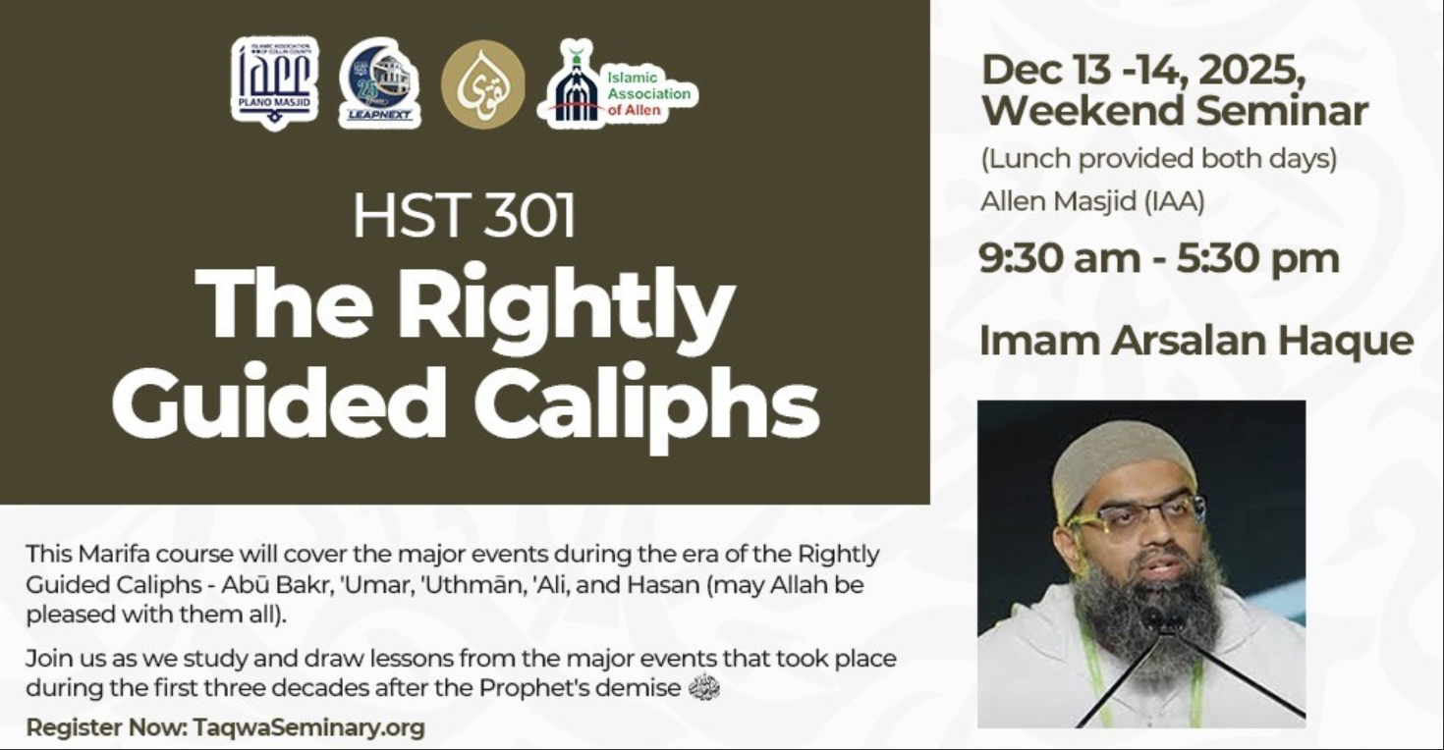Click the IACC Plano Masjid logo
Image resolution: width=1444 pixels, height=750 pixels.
(275, 83)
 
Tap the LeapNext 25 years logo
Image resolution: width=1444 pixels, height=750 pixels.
(380, 83)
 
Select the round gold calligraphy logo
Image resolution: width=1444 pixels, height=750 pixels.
(483, 83)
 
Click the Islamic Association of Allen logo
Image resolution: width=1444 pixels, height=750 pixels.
(618, 83)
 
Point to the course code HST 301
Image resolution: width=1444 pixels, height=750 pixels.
(464, 215)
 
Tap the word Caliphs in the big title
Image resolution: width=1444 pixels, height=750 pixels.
(646, 403)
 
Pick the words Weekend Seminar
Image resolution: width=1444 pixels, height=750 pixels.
(1175, 110)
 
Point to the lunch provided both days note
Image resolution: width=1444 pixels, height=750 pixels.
(1159, 158)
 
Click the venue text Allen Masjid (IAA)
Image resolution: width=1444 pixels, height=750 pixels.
(1092, 201)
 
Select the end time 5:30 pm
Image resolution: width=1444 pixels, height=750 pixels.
(1257, 258)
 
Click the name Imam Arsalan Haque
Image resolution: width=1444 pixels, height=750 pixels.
(1196, 341)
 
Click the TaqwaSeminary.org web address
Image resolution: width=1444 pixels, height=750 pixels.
(308, 727)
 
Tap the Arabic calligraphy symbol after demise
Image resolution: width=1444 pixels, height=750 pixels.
(704, 687)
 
